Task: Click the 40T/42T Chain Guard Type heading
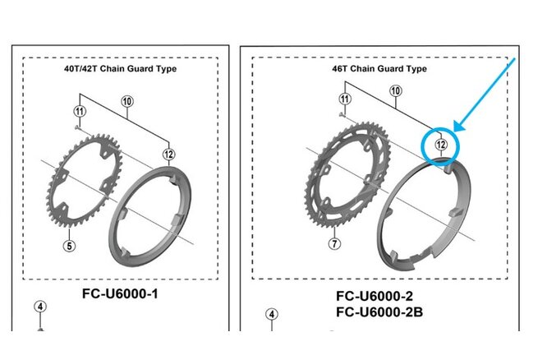[x=120, y=69]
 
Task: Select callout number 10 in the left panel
[x=127, y=102]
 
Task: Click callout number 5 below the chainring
[x=71, y=243]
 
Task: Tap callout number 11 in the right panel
[x=344, y=101]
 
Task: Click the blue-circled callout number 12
[x=442, y=145]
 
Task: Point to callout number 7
[x=334, y=243]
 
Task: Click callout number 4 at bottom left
[x=40, y=307]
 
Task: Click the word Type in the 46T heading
[x=416, y=69]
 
